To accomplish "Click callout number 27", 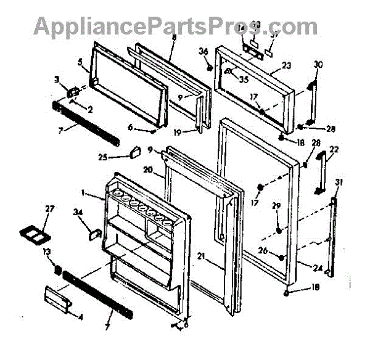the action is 49,209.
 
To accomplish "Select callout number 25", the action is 121,158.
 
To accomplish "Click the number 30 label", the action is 318,63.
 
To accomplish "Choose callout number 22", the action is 334,150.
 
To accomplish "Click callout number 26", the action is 281,250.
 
